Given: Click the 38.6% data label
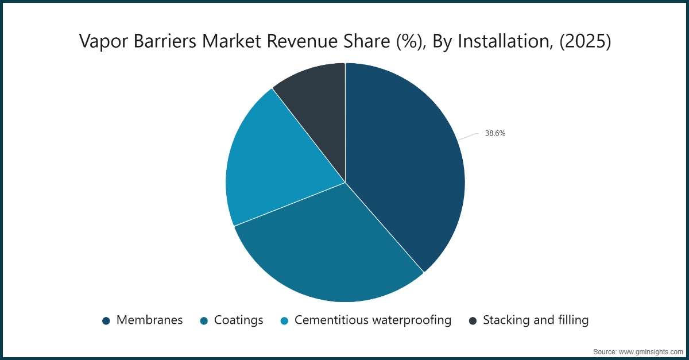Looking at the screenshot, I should pos(495,133).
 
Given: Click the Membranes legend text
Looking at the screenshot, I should pos(149,320).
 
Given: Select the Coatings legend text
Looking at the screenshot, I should pos(238,320).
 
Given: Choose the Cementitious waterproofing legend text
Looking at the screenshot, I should pos(373,320).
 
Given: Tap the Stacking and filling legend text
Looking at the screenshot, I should pos(536,320).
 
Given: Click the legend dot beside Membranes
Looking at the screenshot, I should pos(106,320).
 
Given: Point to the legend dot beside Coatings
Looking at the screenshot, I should pos(203,320).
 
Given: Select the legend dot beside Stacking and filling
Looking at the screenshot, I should pos(473,320).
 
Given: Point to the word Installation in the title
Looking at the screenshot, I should pos(498,41).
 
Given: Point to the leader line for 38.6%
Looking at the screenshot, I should pos(469,136).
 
